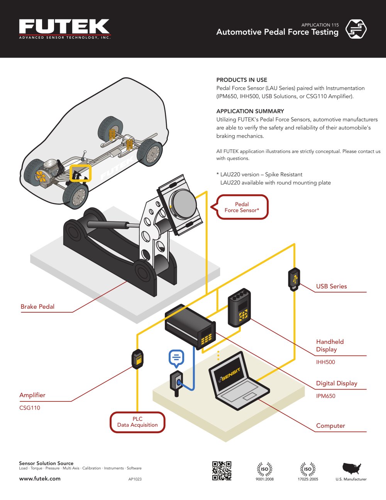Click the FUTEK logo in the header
[64, 28]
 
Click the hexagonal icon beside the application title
[356, 29]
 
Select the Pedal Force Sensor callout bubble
[242, 207]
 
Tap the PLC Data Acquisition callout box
[137, 422]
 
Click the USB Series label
[331, 286]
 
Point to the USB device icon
[294, 279]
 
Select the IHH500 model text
[325, 362]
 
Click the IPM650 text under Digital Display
[325, 396]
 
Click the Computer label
[330, 426]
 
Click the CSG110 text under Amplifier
[30, 408]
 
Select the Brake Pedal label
[37, 307]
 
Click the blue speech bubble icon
[176, 357]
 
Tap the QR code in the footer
[222, 471]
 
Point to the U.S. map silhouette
[351, 469]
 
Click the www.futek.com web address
[40, 478]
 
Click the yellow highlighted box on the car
[80, 173]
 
